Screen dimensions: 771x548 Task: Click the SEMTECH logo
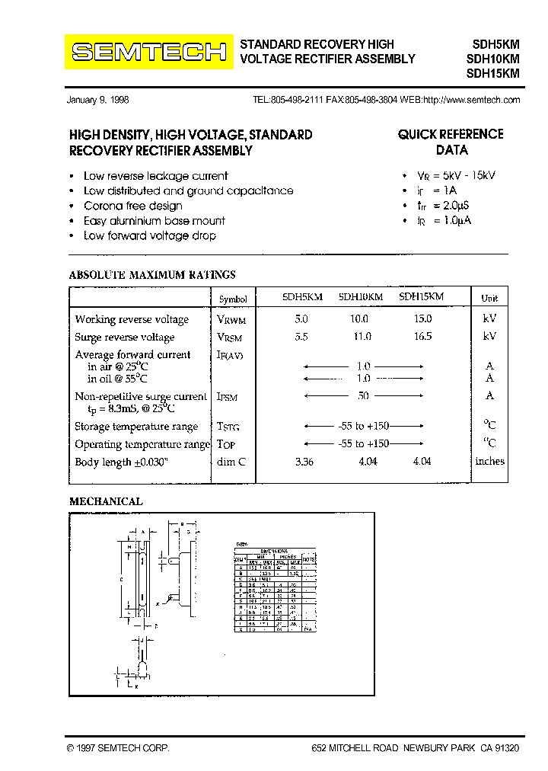pos(149,52)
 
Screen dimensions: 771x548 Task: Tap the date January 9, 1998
pos(98,100)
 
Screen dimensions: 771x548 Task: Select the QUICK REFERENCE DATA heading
pos(451,142)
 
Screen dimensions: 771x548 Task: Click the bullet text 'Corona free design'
pos(133,206)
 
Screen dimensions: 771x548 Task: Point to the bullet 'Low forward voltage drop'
pos(149,235)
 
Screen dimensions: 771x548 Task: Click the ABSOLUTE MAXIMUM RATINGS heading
pos(152,275)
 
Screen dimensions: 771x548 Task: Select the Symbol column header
pos(232,299)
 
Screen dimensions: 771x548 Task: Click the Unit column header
pos(489,299)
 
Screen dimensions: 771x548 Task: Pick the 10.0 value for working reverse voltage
pos(358,319)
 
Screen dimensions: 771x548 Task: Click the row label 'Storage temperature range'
pos(136,427)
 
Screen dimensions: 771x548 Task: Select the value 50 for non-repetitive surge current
pos(363,395)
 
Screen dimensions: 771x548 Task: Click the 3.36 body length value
pos(304,462)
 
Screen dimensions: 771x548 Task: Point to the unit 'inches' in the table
pos(489,461)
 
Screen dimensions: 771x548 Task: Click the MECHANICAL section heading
pos(106,501)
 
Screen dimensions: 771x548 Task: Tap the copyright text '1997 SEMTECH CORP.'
pos(118,748)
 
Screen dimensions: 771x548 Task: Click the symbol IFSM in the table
pos(228,396)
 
